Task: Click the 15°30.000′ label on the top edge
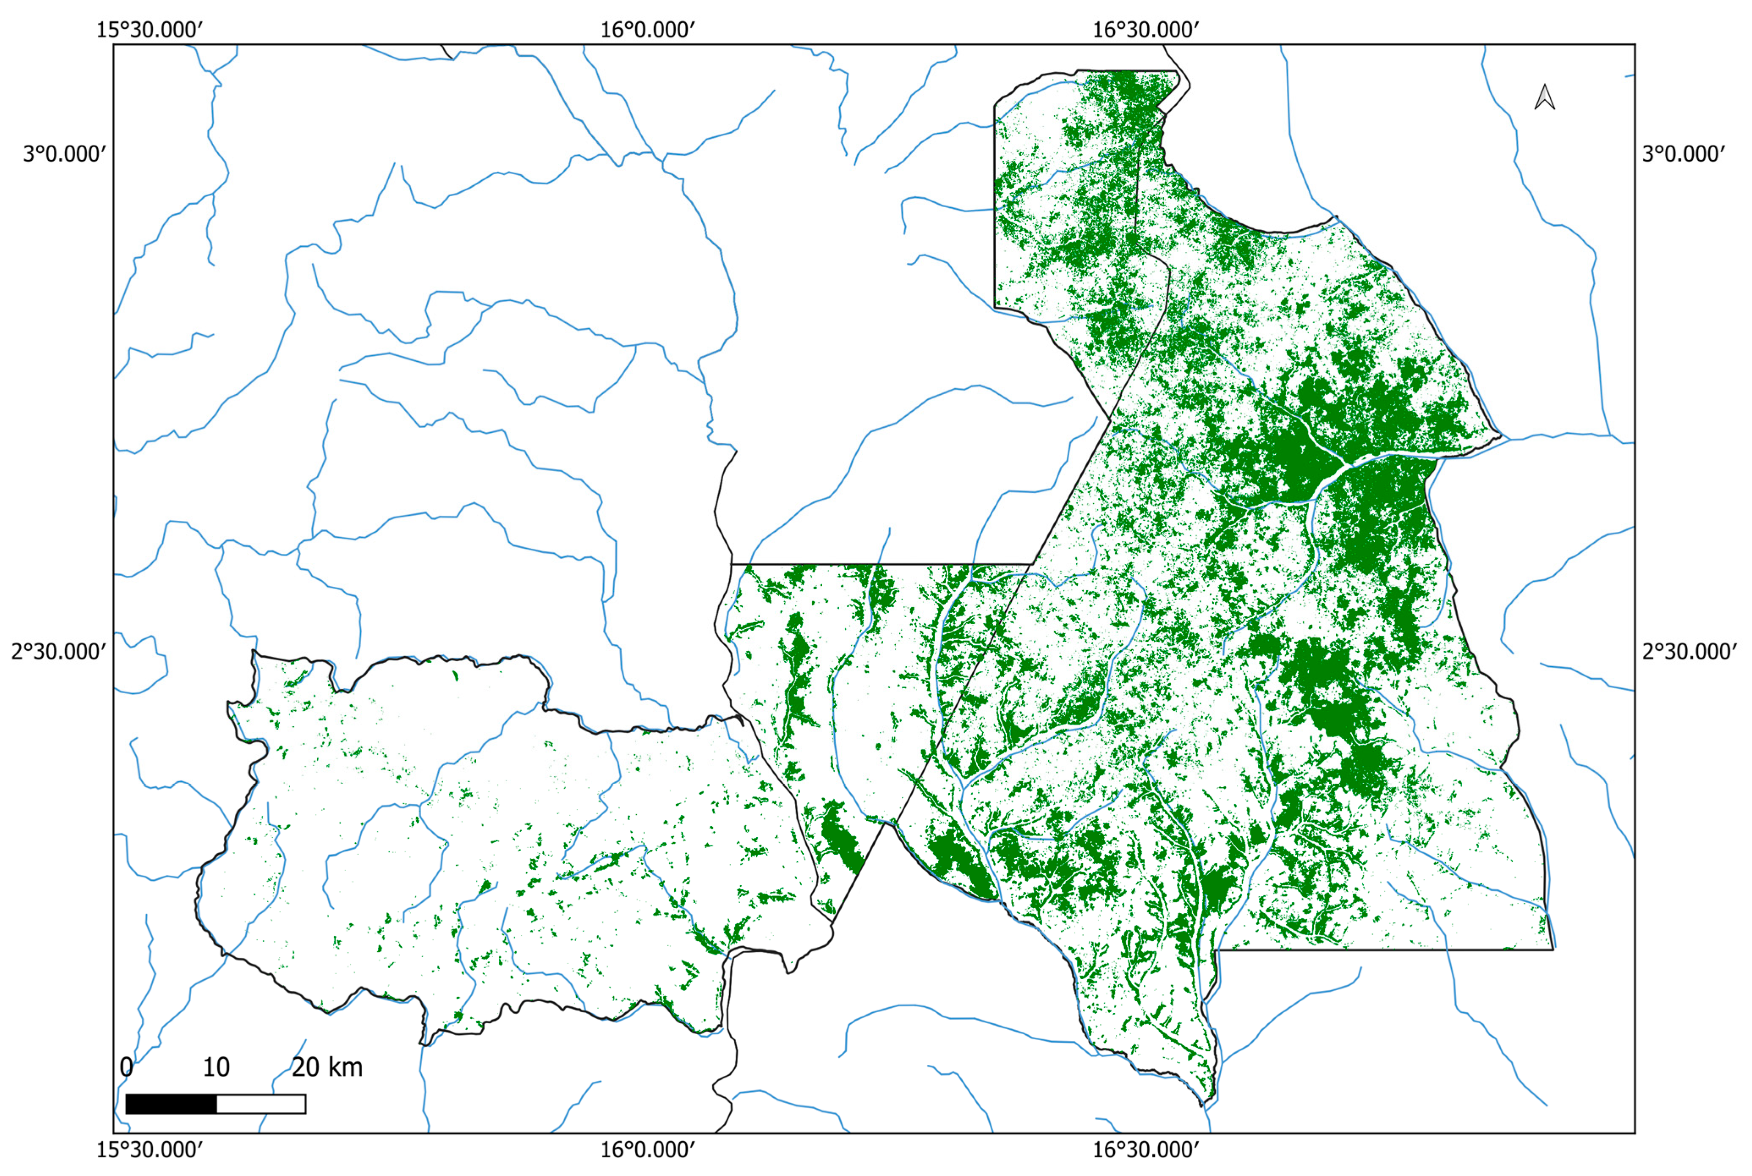[x=150, y=31]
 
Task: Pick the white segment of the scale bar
[x=261, y=1104]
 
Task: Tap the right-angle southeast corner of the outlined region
[x=1552, y=950]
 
